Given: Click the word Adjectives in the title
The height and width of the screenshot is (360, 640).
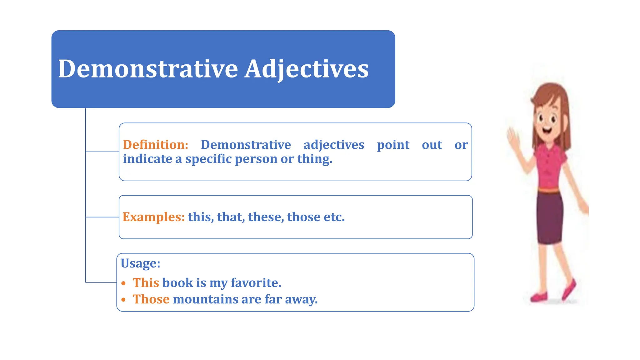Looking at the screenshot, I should (x=306, y=69).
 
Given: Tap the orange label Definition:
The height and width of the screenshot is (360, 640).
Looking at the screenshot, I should (x=155, y=145).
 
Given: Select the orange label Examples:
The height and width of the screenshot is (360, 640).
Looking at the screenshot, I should (x=153, y=217).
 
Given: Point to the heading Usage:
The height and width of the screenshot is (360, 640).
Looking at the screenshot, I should (x=140, y=263).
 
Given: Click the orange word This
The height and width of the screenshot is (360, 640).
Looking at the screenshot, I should (x=146, y=283).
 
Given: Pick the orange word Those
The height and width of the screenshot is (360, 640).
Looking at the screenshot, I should (x=151, y=299).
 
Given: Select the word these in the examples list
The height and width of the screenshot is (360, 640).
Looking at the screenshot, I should (x=266, y=217).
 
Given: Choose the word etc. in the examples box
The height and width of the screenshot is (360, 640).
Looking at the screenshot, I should (x=334, y=217).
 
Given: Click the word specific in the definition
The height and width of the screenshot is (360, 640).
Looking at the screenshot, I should (x=208, y=159).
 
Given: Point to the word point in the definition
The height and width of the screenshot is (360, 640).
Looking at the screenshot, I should (x=393, y=145).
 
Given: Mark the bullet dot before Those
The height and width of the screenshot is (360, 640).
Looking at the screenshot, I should (x=123, y=300).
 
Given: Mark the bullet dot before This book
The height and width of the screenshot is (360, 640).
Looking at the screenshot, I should (x=123, y=283).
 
